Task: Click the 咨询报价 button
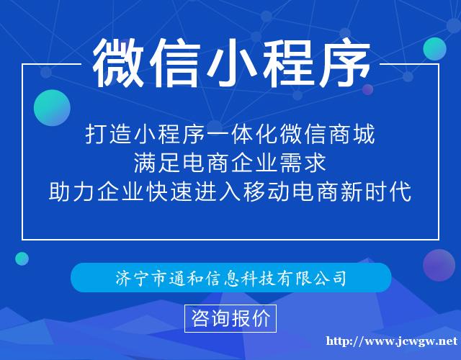click(x=230, y=318)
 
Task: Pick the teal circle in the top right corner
click(x=434, y=48)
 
